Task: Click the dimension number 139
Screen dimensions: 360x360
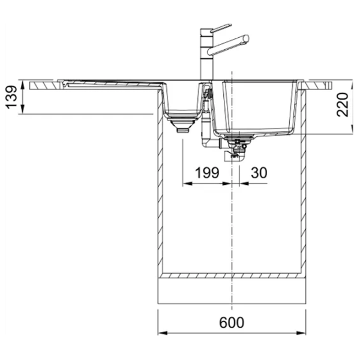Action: pyautogui.click(x=11, y=97)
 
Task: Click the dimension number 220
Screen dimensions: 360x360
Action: pyautogui.click(x=343, y=104)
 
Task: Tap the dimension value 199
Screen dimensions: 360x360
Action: pyautogui.click(x=207, y=172)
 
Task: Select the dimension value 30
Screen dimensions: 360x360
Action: pyautogui.click(x=259, y=172)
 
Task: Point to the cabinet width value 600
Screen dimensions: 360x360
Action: pyautogui.click(x=232, y=322)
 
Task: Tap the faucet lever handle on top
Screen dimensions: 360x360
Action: pyautogui.click(x=221, y=28)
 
